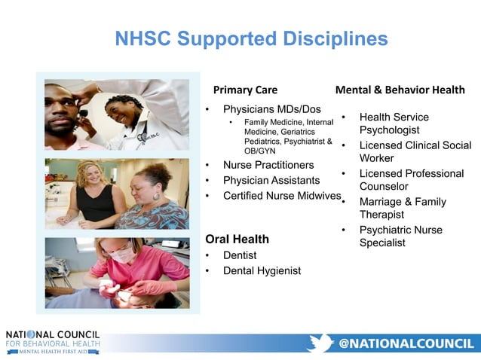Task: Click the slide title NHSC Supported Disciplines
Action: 251,38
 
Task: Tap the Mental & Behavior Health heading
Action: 400,90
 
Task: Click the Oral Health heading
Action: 237,239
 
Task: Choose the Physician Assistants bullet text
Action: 271,181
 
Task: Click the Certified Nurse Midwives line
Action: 282,196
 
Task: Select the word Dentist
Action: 240,255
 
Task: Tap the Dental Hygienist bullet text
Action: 262,270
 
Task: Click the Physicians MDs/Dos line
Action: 272,109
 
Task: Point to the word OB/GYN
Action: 261,150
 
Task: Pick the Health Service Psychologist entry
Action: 394,124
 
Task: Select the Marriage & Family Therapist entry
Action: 403,208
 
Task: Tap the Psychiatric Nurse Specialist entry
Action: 400,236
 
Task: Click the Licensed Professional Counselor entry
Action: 411,179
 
